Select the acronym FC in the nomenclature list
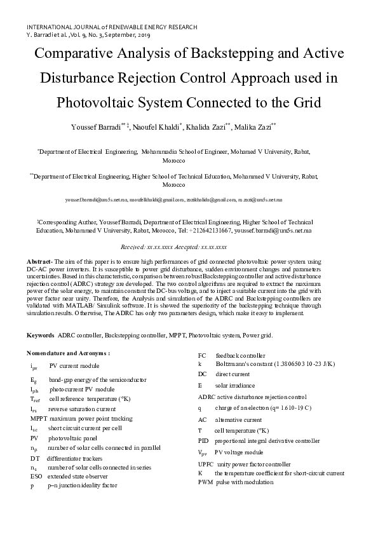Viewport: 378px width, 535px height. coord(202,355)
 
